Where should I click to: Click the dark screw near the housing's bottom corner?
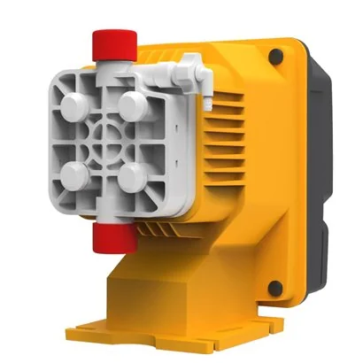click(x=275, y=288)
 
